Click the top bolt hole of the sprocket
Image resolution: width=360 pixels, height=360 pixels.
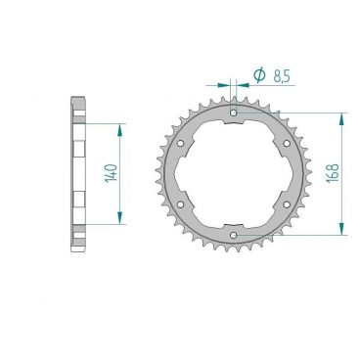click(x=234, y=114)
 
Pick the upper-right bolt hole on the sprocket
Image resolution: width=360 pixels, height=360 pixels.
click(x=286, y=144)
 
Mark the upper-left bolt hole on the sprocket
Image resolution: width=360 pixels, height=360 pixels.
click(x=182, y=144)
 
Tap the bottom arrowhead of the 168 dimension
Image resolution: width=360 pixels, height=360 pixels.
click(x=341, y=231)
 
